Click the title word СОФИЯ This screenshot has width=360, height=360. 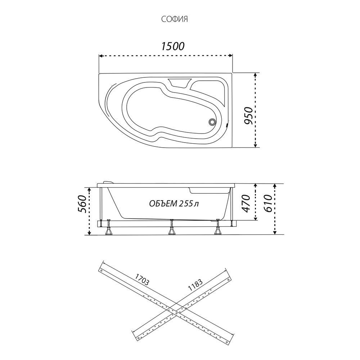(x=175, y=19)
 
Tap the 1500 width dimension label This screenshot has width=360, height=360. (x=172, y=46)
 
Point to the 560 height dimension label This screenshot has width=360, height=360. (x=82, y=204)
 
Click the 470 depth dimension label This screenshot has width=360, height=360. (x=246, y=203)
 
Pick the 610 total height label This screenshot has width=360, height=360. (x=268, y=203)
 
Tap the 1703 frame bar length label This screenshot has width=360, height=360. (x=141, y=280)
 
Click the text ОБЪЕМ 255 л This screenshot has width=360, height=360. (x=174, y=204)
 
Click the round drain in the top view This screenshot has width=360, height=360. (x=212, y=122)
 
